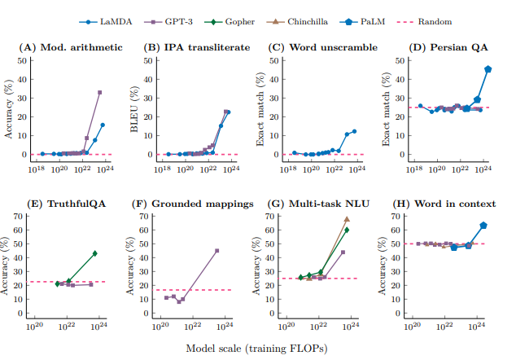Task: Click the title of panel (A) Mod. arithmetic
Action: pyautogui.click(x=72, y=48)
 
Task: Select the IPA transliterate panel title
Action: pyautogui.click(x=197, y=48)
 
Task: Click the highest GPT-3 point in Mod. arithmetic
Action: pyautogui.click(x=100, y=93)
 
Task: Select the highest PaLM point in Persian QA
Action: pyautogui.click(x=488, y=69)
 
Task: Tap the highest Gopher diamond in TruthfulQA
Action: pyautogui.click(x=95, y=253)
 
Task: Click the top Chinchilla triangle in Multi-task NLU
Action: pyautogui.click(x=347, y=219)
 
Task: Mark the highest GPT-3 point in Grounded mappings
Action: pyautogui.click(x=216, y=251)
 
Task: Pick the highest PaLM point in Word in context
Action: pyautogui.click(x=483, y=226)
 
